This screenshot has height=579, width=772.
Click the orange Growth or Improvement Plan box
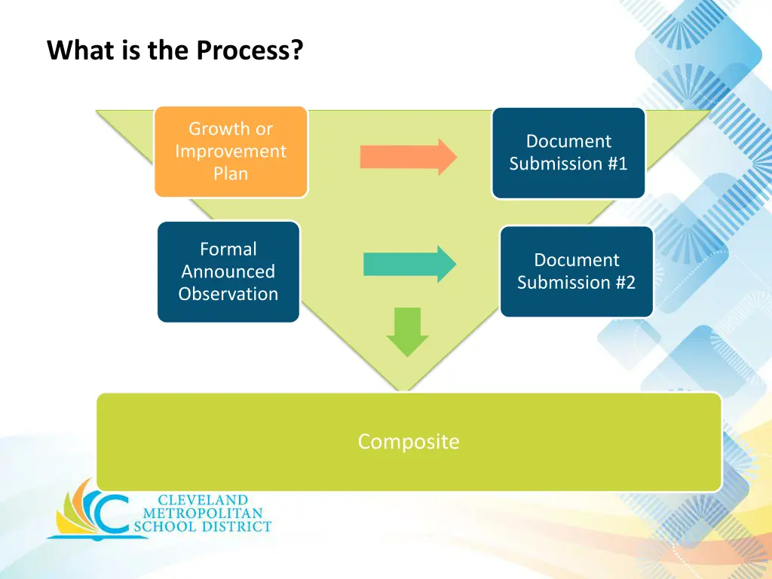231,152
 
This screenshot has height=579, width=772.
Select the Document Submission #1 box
568,152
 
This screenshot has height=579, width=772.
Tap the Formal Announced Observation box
228,271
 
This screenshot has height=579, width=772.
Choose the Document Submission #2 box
577,271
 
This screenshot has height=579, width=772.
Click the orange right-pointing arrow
409,157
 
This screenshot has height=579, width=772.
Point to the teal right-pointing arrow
410,265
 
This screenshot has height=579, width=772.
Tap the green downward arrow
408,332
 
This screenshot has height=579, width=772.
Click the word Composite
409,442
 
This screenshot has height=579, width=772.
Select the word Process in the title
250,50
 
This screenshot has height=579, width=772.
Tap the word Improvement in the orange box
231,151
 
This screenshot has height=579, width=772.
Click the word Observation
228,294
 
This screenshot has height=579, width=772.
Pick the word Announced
228,271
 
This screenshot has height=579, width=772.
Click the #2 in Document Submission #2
626,283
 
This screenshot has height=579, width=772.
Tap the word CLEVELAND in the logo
203,501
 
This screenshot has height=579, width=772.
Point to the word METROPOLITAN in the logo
203,513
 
